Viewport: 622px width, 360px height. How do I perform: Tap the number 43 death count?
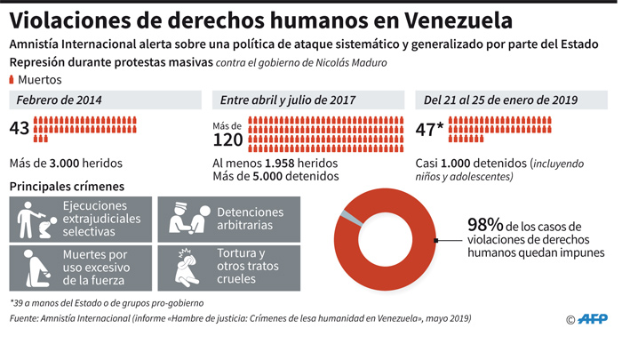click(20, 129)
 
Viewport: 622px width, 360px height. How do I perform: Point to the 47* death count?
click(430, 129)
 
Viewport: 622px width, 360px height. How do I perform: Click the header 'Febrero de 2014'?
click(59, 100)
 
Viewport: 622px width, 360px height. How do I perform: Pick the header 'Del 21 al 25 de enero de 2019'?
click(502, 100)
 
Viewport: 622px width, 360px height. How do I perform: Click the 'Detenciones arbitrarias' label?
click(250, 219)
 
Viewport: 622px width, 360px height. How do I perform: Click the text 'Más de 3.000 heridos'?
click(66, 163)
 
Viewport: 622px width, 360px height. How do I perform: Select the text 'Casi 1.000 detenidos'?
click(471, 164)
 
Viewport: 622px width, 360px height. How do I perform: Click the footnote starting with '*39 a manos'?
click(107, 303)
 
